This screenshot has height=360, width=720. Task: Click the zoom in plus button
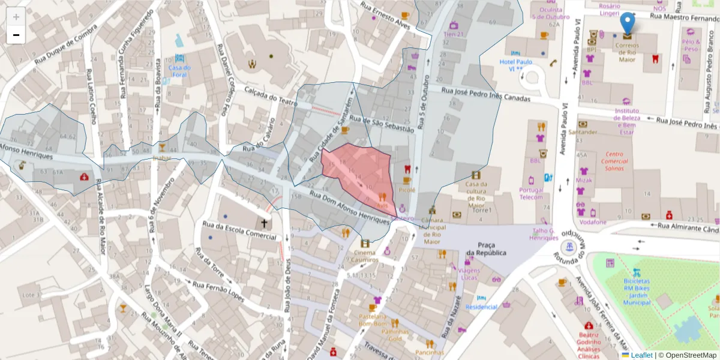click(x=16, y=17)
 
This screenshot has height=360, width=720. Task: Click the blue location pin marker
click(x=627, y=23)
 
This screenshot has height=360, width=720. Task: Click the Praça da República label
click(x=486, y=248)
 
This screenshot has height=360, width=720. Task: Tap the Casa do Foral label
click(x=179, y=71)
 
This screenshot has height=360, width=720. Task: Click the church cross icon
click(x=263, y=223)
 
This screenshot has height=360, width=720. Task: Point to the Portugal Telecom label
click(x=531, y=193)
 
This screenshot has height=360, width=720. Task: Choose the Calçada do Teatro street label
click(x=271, y=97)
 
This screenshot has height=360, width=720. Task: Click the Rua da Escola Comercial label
click(x=239, y=230)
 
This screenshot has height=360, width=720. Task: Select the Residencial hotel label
click(x=481, y=307)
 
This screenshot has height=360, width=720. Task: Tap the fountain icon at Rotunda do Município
click(x=567, y=247)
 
